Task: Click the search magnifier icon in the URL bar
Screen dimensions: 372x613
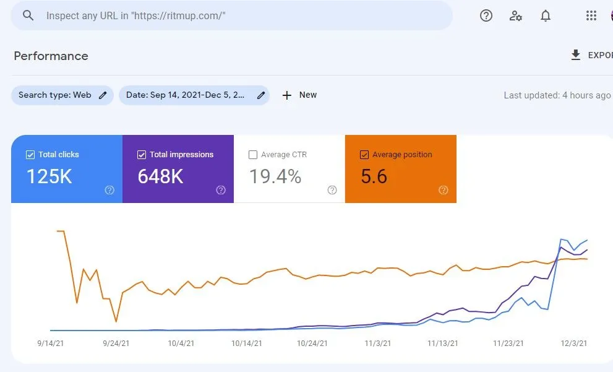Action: click(x=28, y=15)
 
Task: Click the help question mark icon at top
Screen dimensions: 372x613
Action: click(x=486, y=16)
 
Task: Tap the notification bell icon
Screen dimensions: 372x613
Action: click(x=546, y=16)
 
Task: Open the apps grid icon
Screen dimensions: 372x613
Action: click(x=591, y=16)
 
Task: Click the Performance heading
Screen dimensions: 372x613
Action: click(x=51, y=56)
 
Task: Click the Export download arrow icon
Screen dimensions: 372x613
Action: click(x=576, y=55)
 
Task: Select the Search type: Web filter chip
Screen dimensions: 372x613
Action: click(x=62, y=95)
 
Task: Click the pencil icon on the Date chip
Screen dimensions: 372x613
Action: click(x=261, y=95)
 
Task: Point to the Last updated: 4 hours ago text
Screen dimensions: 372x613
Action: click(x=557, y=95)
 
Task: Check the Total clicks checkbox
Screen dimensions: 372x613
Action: click(x=30, y=155)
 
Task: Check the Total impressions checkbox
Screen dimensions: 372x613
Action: click(x=142, y=155)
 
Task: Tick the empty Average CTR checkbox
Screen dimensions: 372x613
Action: click(x=252, y=155)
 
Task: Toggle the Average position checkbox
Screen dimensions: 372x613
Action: click(x=364, y=155)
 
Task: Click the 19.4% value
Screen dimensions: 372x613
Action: click(x=275, y=177)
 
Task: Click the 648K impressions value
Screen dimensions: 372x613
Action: click(x=160, y=177)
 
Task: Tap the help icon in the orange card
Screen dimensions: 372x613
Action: click(x=443, y=190)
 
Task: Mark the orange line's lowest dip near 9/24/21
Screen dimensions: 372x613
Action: click(x=116, y=322)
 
